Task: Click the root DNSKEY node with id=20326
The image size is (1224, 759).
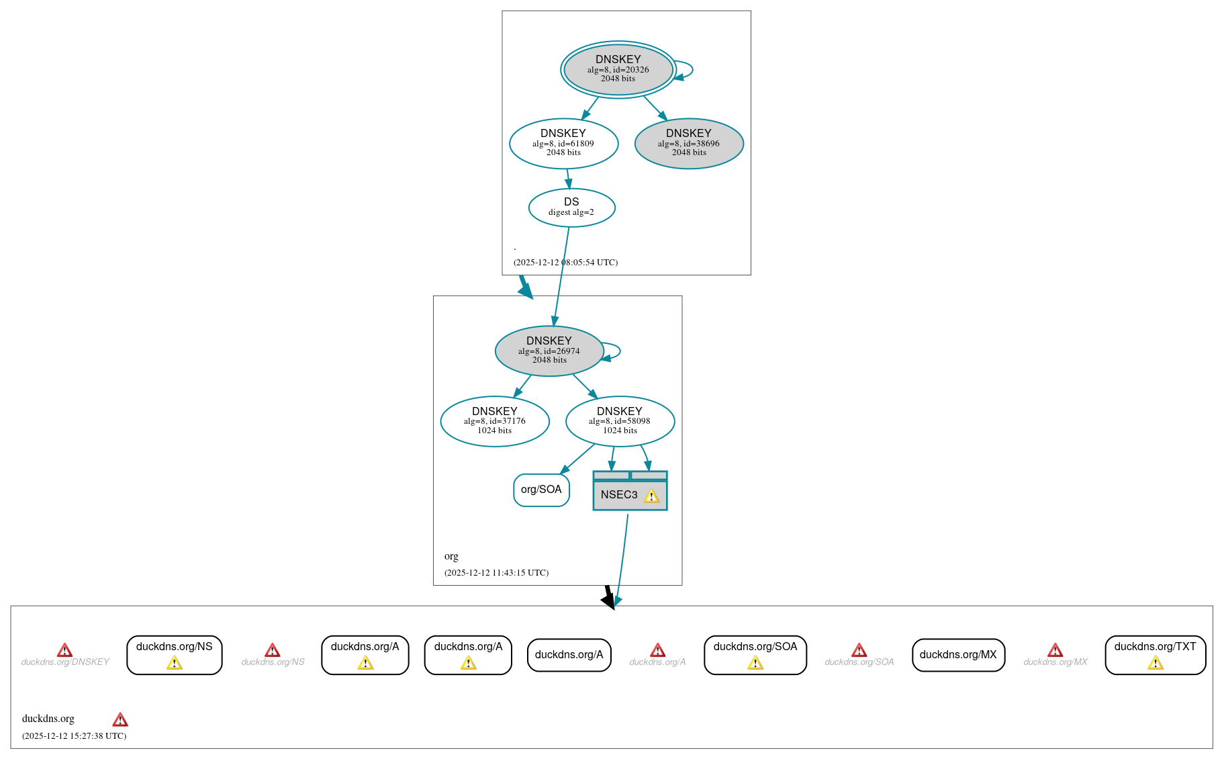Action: coord(618,69)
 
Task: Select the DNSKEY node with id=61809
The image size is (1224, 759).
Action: coord(563,143)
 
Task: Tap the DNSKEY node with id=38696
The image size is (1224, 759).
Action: coord(689,143)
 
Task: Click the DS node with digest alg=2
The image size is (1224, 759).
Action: coord(571,208)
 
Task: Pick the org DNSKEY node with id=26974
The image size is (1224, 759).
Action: coord(549,351)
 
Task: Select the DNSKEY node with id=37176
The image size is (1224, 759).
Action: coord(495,421)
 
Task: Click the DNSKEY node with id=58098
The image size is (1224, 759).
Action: coord(620,421)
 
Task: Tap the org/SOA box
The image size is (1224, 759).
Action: coord(541,490)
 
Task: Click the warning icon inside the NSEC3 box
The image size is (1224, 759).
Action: coord(651,496)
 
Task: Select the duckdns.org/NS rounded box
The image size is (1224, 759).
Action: coord(174,654)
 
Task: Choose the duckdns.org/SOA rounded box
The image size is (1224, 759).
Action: coord(755,654)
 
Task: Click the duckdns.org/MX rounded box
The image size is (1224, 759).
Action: coord(958,655)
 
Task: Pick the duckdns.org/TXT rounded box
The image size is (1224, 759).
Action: coord(1155,654)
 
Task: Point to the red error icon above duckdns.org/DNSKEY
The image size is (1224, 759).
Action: coord(64,650)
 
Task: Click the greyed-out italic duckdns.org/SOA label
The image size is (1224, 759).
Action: coord(859,662)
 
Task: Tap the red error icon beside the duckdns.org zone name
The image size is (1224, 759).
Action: coord(120,720)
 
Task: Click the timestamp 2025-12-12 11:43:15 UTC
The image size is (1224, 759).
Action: coord(496,573)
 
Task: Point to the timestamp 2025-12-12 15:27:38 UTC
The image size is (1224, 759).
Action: coord(74,736)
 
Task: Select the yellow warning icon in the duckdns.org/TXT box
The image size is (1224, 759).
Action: coord(1155,664)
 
